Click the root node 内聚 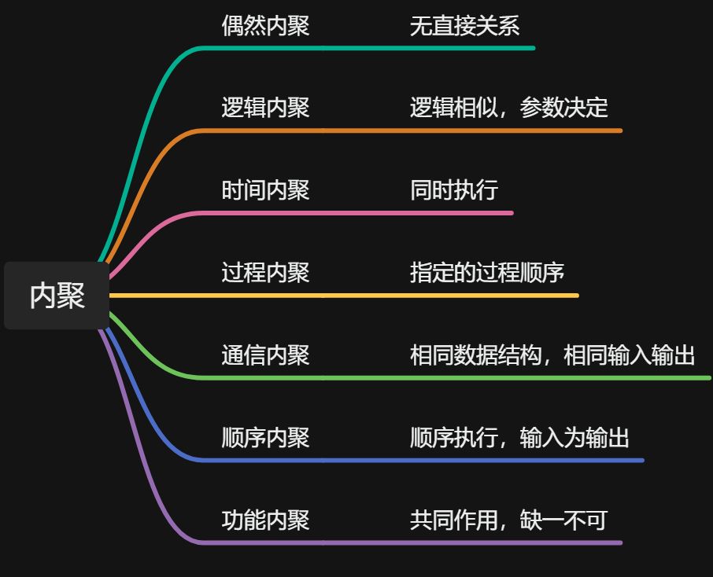57,296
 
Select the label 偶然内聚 265,25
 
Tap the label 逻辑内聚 265,108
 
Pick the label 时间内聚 265,190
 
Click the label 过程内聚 265,273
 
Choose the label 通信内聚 265,355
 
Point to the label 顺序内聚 265,438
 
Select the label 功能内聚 265,520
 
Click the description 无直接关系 464,25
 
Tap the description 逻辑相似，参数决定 508,108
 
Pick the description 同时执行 453,190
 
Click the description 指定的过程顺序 486,273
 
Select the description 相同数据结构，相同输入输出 552,355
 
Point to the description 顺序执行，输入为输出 519,438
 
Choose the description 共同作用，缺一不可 508,520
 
